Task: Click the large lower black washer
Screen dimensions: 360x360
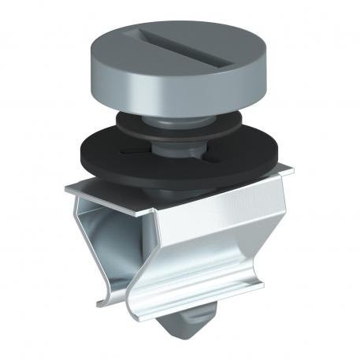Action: coord(228,158)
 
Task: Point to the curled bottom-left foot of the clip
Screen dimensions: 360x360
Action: coord(100,300)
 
